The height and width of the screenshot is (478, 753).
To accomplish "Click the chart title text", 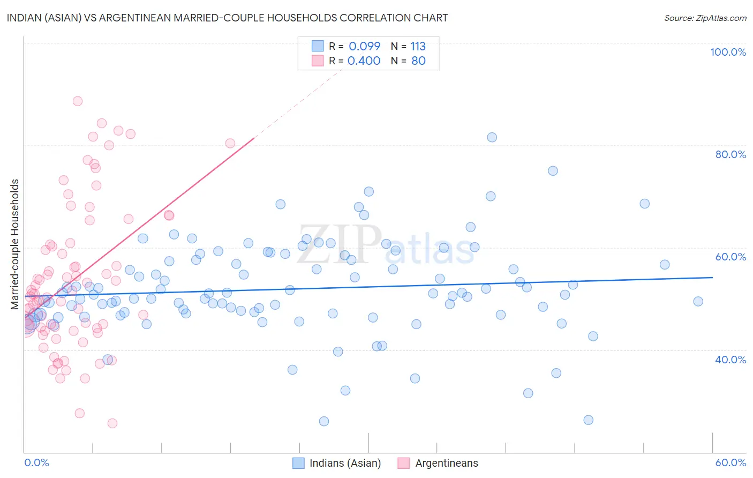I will point(227,18).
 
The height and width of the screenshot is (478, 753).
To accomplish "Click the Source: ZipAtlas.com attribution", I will point(705,18).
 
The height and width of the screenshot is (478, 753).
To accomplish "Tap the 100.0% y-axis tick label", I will point(728,52).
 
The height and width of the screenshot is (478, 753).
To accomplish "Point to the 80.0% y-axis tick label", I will point(731,154).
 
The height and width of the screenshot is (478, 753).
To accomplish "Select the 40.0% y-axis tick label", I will point(731,360).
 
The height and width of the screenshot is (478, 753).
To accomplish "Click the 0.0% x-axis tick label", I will point(36,462).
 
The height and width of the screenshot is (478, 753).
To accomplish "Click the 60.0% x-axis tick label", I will point(731,462).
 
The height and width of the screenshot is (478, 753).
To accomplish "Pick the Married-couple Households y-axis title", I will point(15,244).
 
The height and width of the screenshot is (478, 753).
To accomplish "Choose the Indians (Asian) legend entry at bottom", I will point(337,463).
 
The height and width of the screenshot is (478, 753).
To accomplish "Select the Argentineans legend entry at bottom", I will point(438,463).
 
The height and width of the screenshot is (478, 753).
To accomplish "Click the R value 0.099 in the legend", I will point(364,46).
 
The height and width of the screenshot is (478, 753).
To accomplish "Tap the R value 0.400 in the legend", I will point(364,61).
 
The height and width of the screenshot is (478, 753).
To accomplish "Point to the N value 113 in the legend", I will point(418,46).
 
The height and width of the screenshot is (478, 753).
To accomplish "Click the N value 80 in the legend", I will point(418,61).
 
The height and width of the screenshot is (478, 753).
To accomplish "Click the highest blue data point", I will point(492,137).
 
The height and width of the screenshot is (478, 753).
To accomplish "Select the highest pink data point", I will point(78,101).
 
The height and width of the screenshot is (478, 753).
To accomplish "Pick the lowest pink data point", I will point(112,423).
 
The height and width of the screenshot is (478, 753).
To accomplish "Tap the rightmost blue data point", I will point(698,301).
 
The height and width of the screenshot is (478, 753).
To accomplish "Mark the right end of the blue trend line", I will point(712,277).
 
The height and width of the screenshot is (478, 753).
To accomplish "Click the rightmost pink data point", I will point(230,143).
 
